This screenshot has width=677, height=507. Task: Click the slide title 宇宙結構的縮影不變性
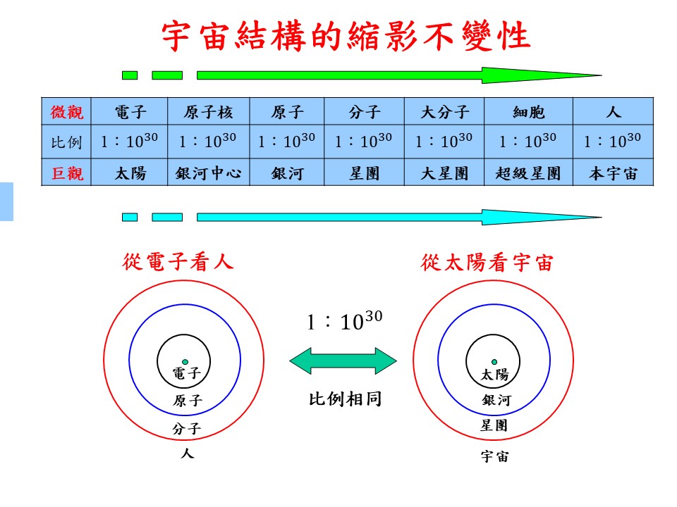346,35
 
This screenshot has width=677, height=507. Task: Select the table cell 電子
130,112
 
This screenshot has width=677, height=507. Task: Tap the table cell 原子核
207,112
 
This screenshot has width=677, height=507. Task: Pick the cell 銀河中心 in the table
207,173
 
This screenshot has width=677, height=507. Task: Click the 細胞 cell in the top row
529,112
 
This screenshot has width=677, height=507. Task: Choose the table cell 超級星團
529,173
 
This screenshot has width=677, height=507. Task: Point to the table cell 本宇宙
613,173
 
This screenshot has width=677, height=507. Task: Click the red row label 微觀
66,112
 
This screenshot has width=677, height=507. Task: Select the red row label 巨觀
66,173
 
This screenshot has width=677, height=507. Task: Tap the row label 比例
66,143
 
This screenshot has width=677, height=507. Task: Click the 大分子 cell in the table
444,112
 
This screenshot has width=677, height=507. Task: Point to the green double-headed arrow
343,361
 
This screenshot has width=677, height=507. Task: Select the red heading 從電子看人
178,263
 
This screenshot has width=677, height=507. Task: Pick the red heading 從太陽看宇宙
487,263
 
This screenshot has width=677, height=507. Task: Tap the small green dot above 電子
185,362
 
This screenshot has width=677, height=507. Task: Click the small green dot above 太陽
494,362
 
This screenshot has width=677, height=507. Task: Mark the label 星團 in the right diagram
494,425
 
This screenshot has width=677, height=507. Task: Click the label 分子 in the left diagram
187,428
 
